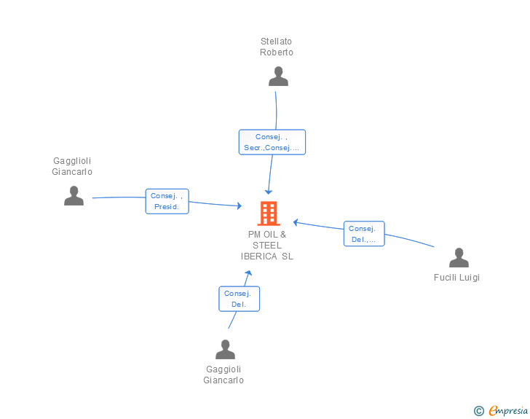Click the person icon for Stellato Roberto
(x=278, y=77)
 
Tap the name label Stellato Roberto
(x=276, y=47)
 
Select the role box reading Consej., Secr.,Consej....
(x=272, y=142)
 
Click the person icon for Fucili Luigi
(x=459, y=257)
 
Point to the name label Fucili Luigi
(x=456, y=278)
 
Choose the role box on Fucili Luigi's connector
(x=364, y=233)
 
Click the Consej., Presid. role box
(x=167, y=201)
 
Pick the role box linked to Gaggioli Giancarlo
(x=239, y=299)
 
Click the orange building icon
(x=269, y=214)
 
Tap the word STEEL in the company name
(x=267, y=246)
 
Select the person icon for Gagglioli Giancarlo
(x=74, y=195)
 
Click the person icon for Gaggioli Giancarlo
(x=225, y=349)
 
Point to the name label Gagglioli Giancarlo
(x=72, y=166)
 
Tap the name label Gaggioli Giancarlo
(x=224, y=375)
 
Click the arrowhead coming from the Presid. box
(x=240, y=205)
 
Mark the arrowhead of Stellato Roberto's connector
(x=269, y=192)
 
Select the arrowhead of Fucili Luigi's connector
(x=296, y=222)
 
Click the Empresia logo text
(x=508, y=410)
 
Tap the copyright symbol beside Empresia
(x=479, y=411)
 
